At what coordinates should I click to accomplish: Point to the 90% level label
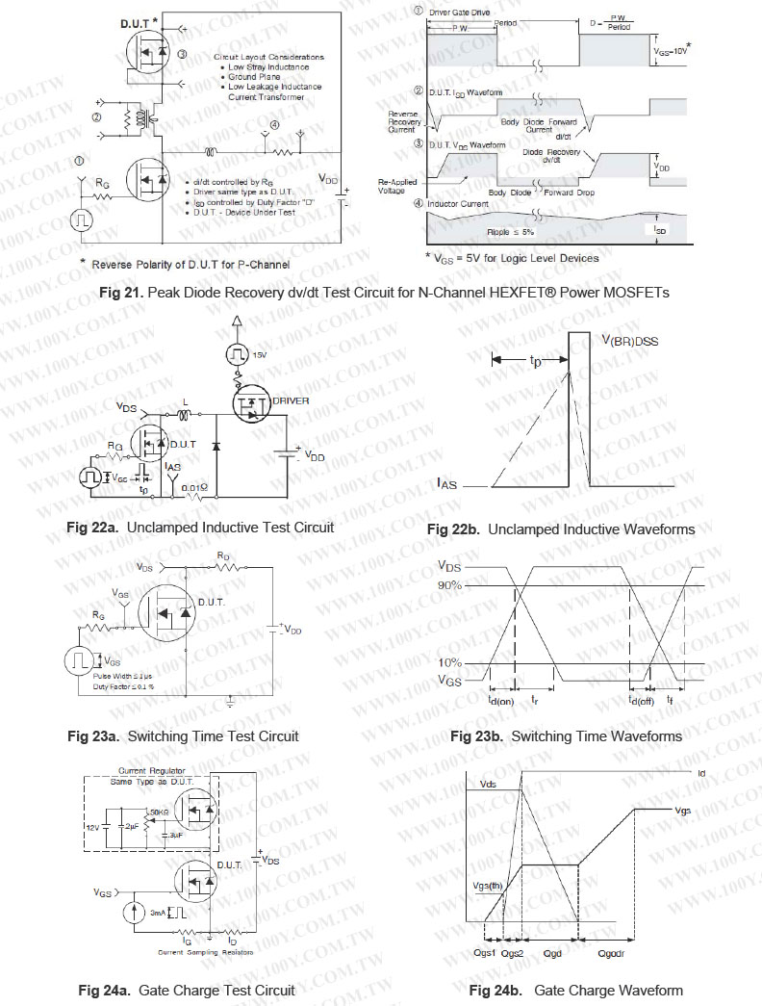[x=449, y=585]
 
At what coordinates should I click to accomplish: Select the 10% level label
[x=449, y=662]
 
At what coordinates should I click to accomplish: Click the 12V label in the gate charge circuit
[x=92, y=827]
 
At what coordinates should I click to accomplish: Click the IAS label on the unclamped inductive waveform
[x=446, y=485]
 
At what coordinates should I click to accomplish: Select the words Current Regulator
[x=145, y=771]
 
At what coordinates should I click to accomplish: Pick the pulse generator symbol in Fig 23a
[x=81, y=662]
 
